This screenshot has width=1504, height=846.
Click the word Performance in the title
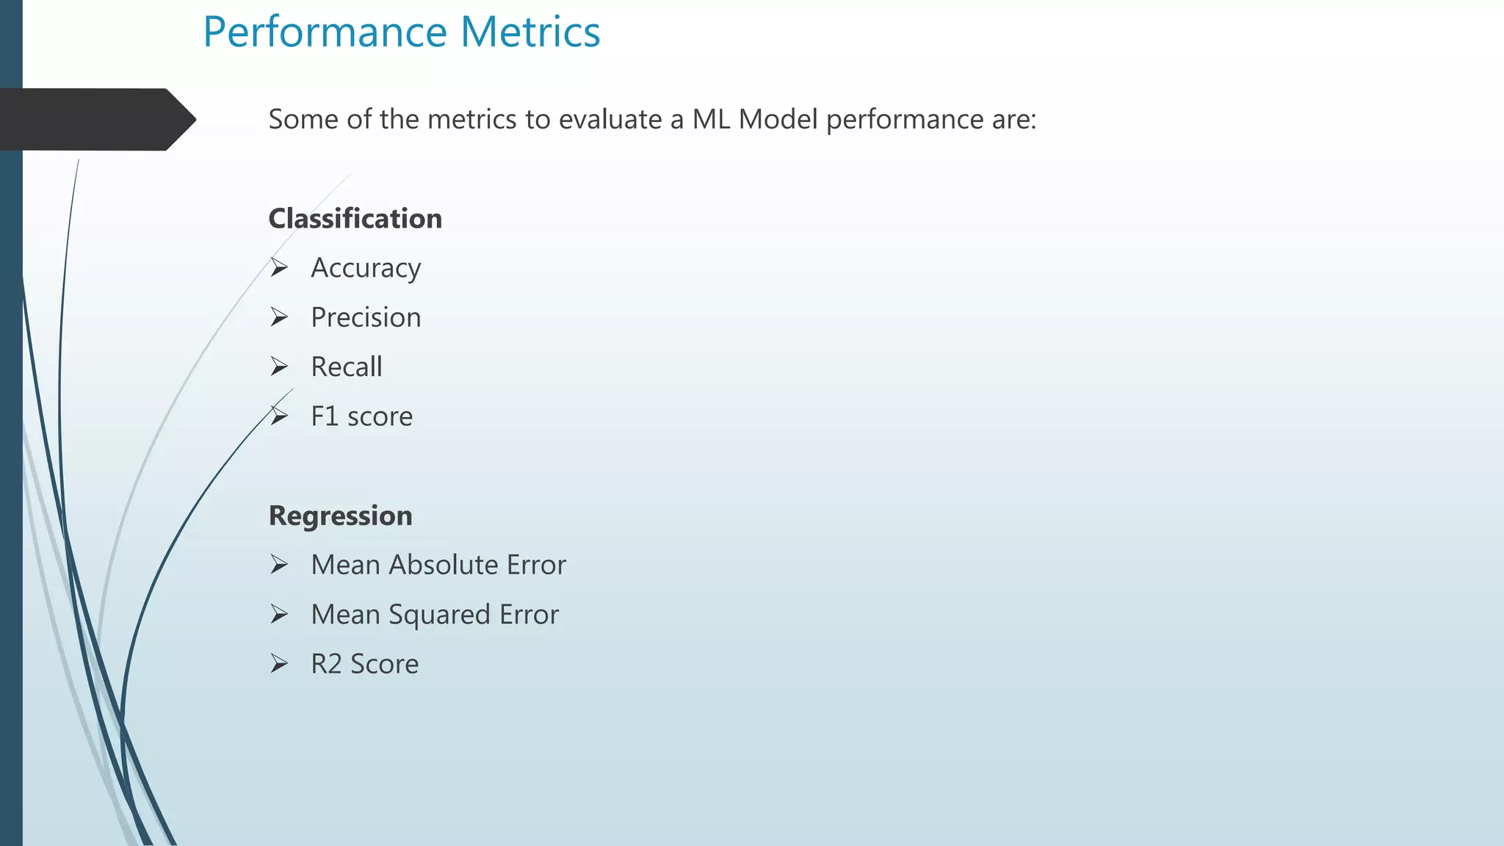pyautogui.click(x=324, y=32)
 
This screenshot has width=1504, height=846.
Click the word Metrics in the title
pyautogui.click(x=530, y=32)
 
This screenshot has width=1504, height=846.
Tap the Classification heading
pyautogui.click(x=355, y=219)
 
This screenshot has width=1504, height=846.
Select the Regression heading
pyautogui.click(x=340, y=516)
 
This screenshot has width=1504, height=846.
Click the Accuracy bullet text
pyautogui.click(x=366, y=268)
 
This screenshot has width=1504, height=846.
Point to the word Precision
pyautogui.click(x=366, y=317)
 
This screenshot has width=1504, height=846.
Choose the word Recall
pyautogui.click(x=346, y=366)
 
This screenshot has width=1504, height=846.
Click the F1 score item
pyautogui.click(x=361, y=416)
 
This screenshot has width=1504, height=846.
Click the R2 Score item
pyautogui.click(x=364, y=664)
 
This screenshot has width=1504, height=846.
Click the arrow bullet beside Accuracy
pyautogui.click(x=279, y=267)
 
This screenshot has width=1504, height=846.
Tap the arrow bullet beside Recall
pyautogui.click(x=279, y=366)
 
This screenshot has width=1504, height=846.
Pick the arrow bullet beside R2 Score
pyautogui.click(x=279, y=663)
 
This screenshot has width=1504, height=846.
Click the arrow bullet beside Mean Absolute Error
pyautogui.click(x=279, y=564)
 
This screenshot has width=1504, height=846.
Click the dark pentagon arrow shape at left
pyautogui.click(x=95, y=119)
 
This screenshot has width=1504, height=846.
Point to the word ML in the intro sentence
pyautogui.click(x=711, y=119)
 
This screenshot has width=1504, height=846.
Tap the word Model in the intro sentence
pyautogui.click(x=778, y=119)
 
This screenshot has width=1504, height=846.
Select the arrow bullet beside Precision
pyautogui.click(x=279, y=317)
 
